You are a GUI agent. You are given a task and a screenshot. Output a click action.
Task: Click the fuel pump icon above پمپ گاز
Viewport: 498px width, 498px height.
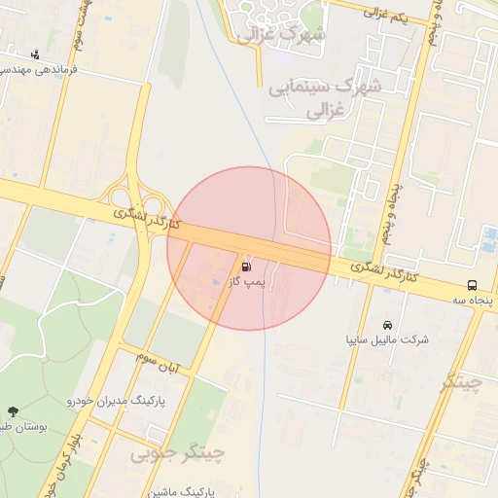tap(246, 265)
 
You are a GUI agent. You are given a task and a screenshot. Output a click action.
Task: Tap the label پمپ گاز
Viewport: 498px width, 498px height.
tap(246, 282)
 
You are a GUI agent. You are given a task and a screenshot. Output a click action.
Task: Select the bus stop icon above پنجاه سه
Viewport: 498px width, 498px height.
tap(472, 286)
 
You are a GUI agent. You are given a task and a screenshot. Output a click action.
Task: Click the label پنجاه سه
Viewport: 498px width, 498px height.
tap(472, 302)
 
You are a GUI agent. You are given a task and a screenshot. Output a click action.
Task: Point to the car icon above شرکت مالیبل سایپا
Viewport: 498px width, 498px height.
tap(388, 324)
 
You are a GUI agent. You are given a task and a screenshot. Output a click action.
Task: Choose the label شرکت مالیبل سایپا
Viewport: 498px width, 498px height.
tap(388, 340)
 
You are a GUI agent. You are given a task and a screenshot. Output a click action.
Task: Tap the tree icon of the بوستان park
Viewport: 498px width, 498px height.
tap(13, 412)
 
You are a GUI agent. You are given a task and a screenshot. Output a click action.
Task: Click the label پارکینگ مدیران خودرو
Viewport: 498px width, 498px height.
tap(117, 400)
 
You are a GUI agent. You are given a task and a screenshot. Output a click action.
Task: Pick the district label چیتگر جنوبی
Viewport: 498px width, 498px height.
tap(178, 453)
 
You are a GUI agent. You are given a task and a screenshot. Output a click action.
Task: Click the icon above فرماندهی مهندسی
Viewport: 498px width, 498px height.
tap(36, 54)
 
